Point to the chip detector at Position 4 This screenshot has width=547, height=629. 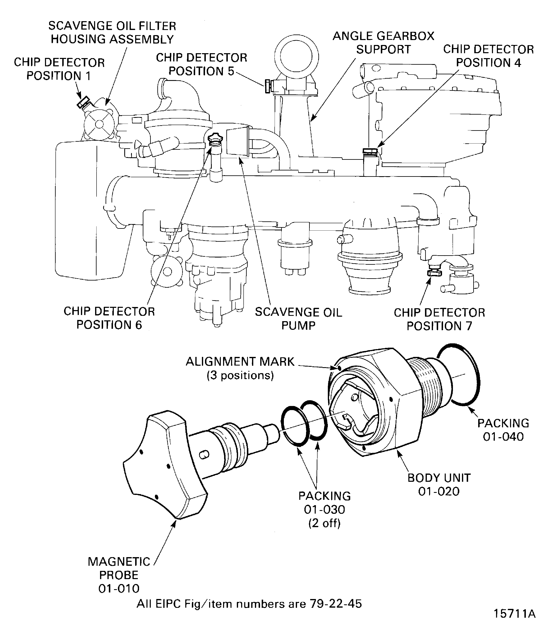click(370, 151)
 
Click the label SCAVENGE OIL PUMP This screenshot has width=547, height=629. click(298, 319)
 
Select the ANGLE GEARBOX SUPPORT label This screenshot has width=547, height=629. click(383, 43)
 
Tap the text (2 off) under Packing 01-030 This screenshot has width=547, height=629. click(324, 523)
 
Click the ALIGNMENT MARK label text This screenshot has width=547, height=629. click(240, 362)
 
